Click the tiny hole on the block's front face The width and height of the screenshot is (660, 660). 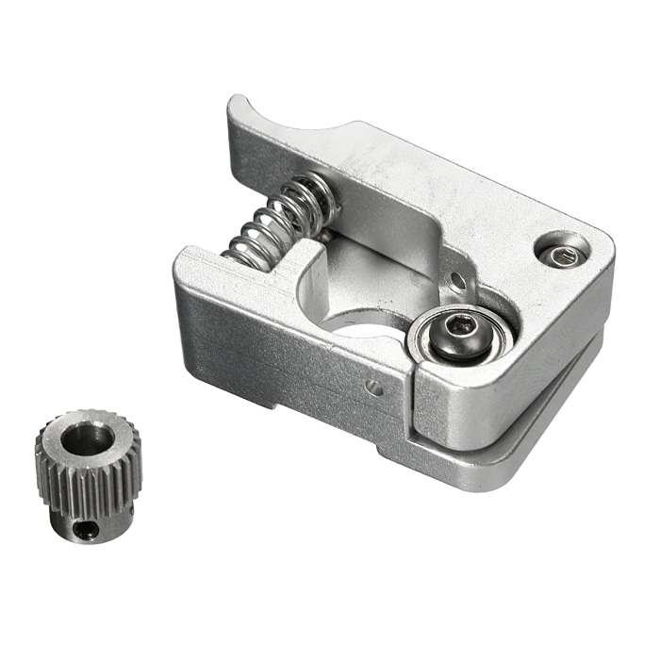pyautogui.click(x=374, y=387)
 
